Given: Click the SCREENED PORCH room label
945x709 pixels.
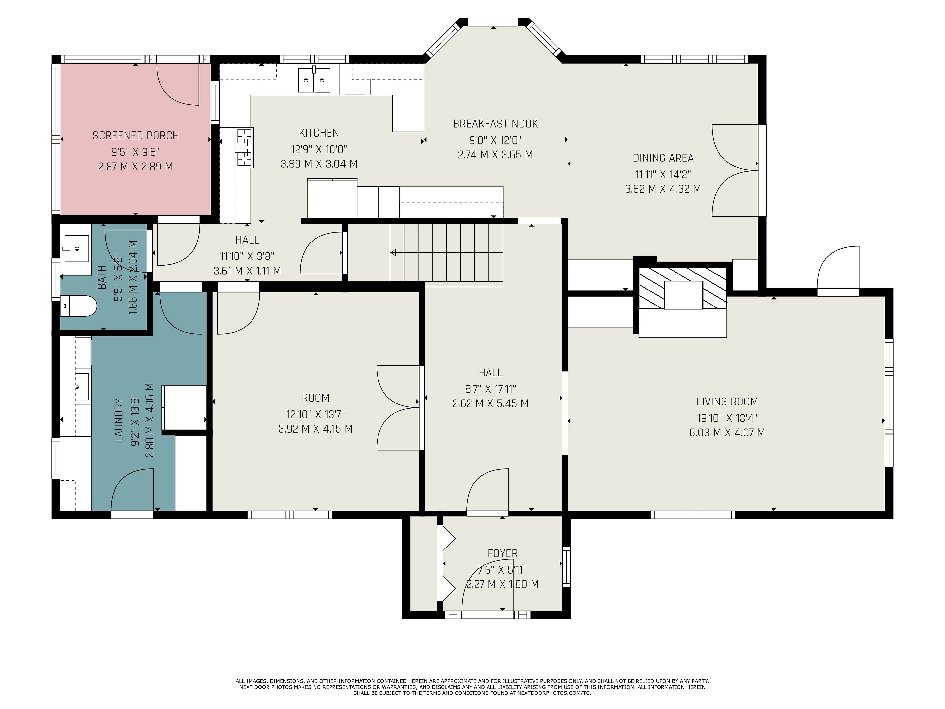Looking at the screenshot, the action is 135,135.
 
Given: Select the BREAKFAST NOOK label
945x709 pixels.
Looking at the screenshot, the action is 495,124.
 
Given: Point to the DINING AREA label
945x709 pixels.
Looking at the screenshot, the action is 663,158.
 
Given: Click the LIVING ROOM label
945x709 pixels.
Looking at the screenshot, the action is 727,402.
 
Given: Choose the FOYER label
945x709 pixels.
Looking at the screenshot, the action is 503,553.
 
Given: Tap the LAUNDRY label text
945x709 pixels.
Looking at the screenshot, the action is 118,420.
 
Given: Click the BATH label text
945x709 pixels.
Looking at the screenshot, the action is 102,277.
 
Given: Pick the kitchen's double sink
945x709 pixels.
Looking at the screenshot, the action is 314,80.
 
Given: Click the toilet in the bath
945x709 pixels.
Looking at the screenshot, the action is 79,306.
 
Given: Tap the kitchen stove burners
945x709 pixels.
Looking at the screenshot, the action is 244,147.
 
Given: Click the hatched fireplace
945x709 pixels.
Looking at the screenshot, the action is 682,288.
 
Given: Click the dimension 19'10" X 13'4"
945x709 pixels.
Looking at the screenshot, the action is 727,418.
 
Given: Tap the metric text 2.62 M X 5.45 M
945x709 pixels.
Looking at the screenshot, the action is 490,403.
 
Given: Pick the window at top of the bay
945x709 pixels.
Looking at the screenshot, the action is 493,22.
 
